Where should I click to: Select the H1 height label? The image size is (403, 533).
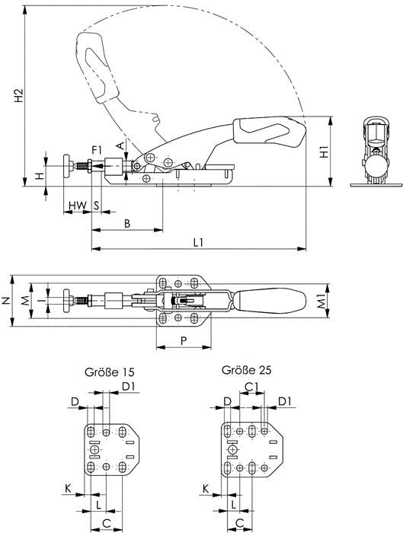point(325,152)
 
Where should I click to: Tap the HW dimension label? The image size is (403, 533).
point(75,206)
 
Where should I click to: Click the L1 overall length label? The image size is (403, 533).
point(198,241)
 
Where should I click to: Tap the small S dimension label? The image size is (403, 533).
point(96,206)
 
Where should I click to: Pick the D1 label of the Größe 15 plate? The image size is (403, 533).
point(129,388)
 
